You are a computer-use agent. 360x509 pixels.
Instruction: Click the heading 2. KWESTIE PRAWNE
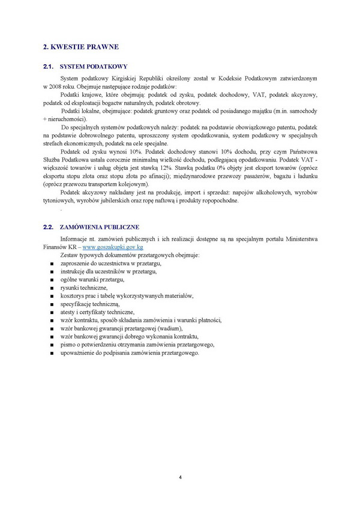pyautogui.click(x=81, y=46)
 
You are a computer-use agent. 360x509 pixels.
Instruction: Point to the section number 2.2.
pyautogui.click(x=49, y=227)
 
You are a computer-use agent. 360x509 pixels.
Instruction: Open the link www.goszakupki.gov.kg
pyautogui.click(x=112, y=247)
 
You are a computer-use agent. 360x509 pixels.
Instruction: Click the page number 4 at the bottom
pyautogui.click(x=180, y=477)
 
